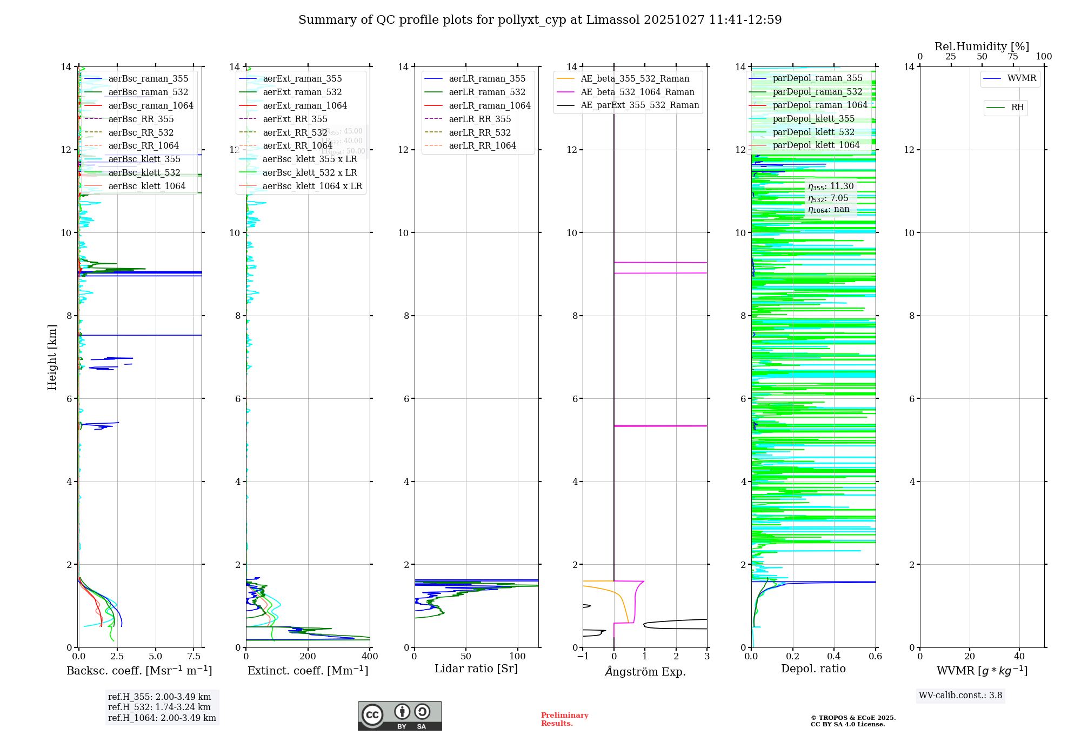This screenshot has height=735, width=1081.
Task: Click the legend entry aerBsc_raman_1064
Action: point(150,105)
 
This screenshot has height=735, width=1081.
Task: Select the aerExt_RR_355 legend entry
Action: point(295,119)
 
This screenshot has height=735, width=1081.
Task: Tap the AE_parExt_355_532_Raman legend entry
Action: point(639,105)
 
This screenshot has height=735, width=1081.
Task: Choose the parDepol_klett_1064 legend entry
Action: point(816,145)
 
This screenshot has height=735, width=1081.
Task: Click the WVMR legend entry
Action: point(1022,78)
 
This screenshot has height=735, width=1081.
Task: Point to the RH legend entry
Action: point(1017,108)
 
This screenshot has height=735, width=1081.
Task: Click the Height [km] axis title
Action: point(52,357)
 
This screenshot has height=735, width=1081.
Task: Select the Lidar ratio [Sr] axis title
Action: point(476,669)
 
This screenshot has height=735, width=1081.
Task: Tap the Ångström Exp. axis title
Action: point(645,671)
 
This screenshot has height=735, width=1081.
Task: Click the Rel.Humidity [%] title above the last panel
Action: point(982,46)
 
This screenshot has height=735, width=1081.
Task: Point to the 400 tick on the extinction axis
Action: point(370,657)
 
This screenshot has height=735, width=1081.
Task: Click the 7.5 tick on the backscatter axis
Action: point(194,657)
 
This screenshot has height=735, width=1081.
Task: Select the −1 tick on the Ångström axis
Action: point(583,657)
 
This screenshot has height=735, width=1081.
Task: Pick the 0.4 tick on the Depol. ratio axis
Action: point(834,657)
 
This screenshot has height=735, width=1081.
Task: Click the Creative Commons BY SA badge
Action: point(399,716)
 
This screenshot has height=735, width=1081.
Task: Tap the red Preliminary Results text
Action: point(564,719)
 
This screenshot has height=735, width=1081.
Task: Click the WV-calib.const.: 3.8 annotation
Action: point(960,696)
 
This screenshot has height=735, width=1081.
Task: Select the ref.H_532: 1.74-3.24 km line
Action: point(159,707)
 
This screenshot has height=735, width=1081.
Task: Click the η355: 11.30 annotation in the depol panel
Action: point(831,186)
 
